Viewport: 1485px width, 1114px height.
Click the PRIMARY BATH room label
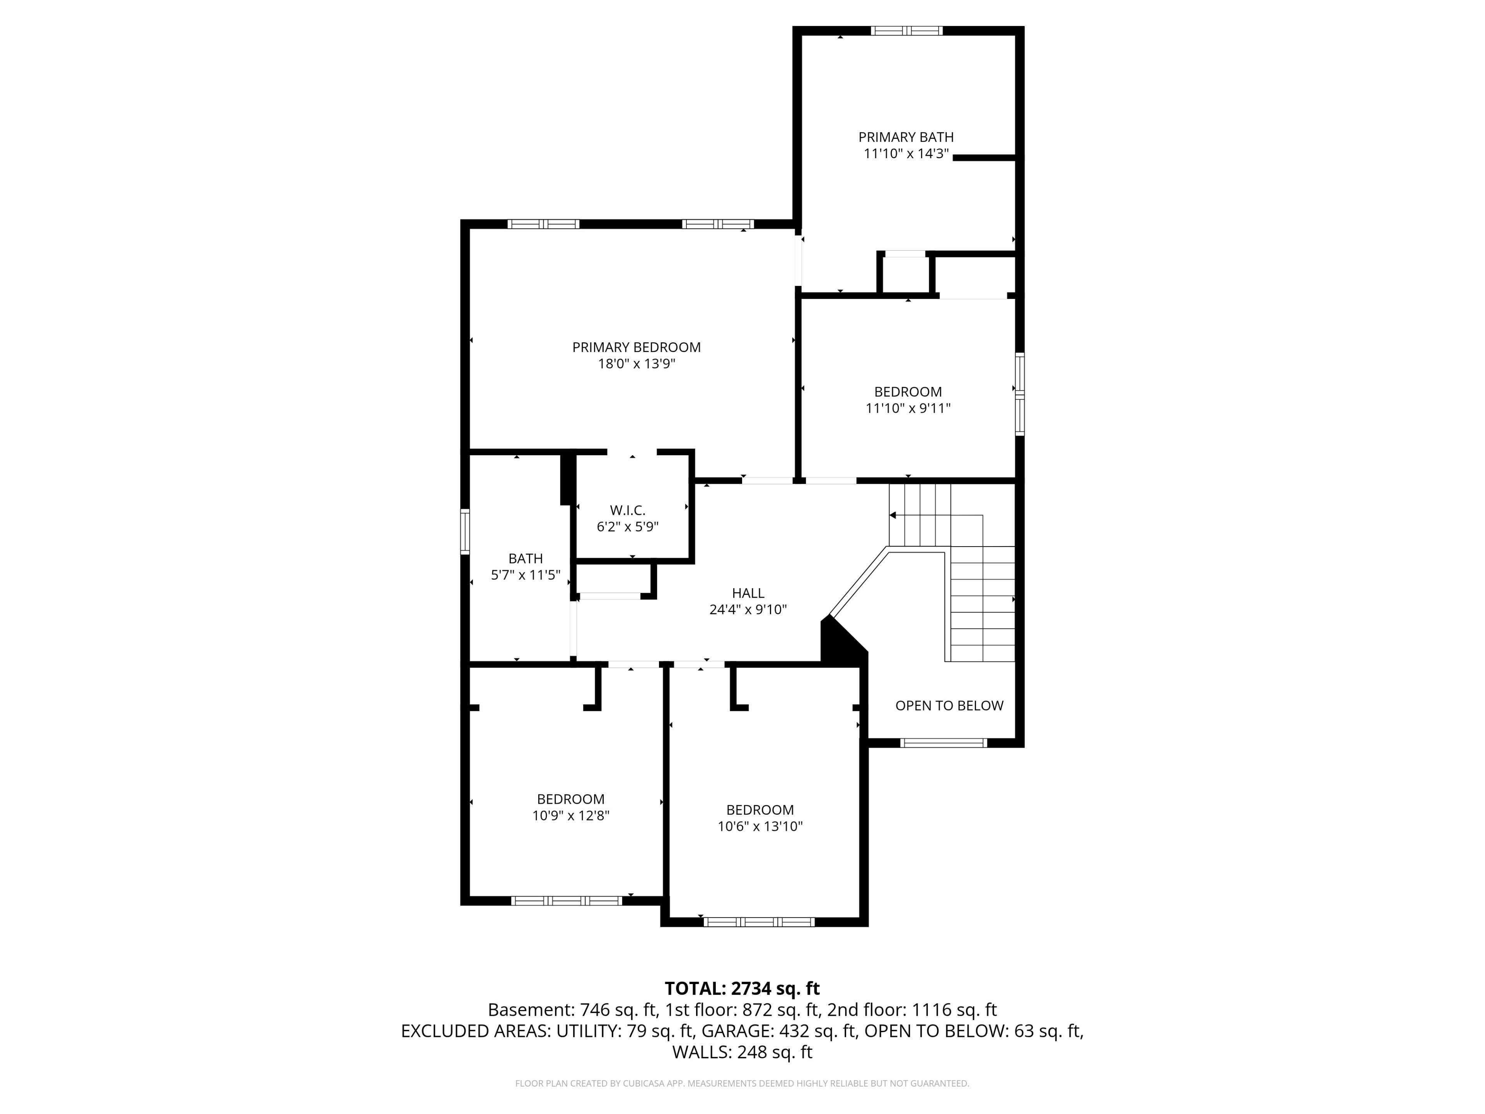pyautogui.click(x=906, y=137)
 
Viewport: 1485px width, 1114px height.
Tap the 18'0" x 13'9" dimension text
pyautogui.click(x=637, y=364)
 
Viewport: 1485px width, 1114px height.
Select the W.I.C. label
pyautogui.click(x=628, y=510)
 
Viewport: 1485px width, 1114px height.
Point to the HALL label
pyautogui.click(x=748, y=593)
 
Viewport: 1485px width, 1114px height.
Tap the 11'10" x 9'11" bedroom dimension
pyautogui.click(x=908, y=408)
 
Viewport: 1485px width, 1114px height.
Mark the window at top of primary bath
pyautogui.click(x=906, y=30)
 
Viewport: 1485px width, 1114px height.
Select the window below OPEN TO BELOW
pyautogui.click(x=943, y=743)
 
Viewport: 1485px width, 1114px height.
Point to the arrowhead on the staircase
pyautogui.click(x=893, y=515)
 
